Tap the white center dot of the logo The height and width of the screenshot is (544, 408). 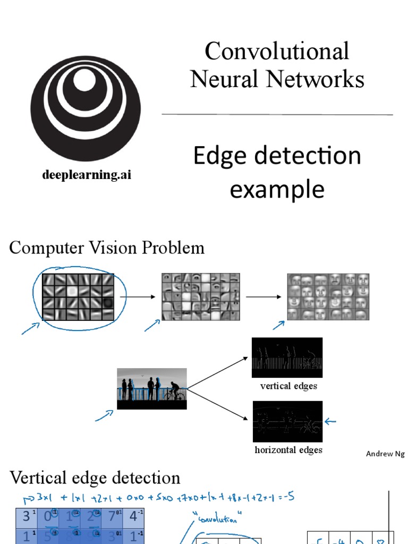click(84, 80)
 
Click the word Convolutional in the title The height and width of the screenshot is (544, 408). click(277, 52)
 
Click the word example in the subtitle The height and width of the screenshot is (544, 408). click(277, 189)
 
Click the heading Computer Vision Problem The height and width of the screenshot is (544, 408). click(107, 248)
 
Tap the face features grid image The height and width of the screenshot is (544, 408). click(328, 296)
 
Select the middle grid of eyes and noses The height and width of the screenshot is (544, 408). click(200, 296)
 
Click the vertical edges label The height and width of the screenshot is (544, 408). click(288, 386)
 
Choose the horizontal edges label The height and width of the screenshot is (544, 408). click(288, 450)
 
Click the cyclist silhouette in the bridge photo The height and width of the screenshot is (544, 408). click(174, 392)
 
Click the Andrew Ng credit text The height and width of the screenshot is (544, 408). click(385, 454)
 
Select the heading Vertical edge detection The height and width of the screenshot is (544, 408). click(95, 478)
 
